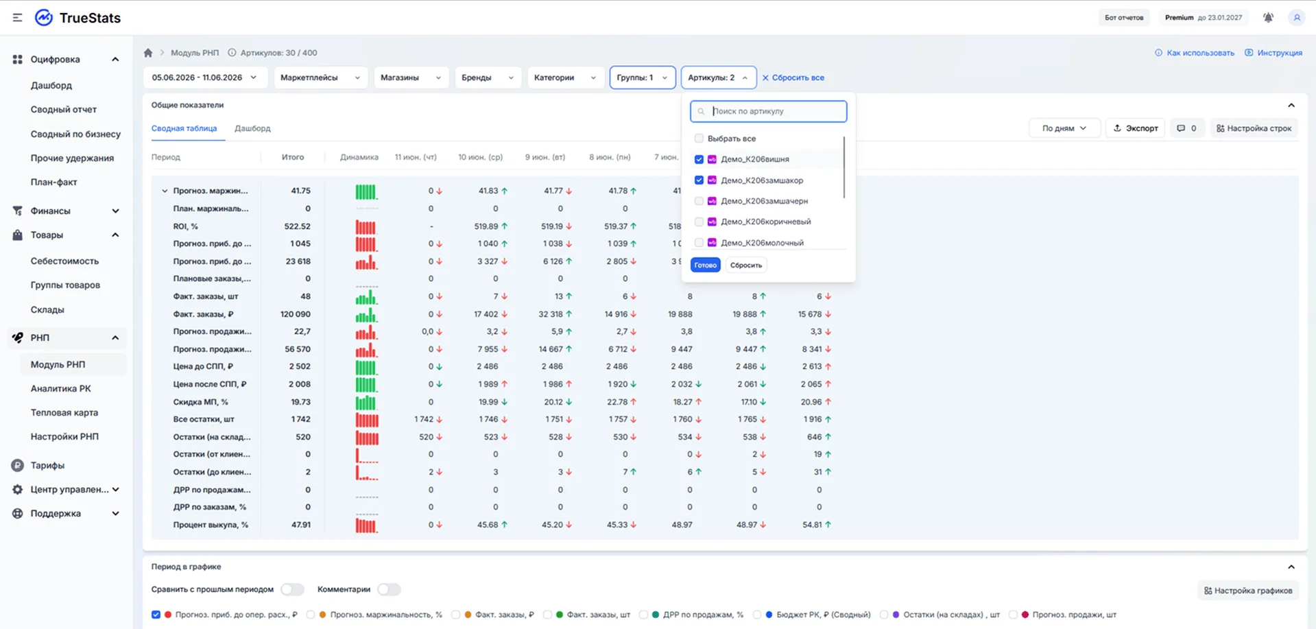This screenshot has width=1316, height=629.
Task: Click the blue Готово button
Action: point(705,265)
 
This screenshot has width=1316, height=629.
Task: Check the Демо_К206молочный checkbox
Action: point(699,243)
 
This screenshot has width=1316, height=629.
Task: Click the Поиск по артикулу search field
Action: point(768,111)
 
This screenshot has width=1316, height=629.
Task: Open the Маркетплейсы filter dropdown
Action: point(320,78)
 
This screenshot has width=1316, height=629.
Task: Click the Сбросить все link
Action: point(793,78)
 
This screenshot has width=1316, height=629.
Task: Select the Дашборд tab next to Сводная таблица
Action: point(252,128)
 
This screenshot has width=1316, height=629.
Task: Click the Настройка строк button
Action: point(1254,128)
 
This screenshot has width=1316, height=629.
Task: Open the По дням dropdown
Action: point(1064,128)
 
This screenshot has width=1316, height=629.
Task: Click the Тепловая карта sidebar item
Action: point(64,412)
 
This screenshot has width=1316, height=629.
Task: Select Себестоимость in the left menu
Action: point(64,261)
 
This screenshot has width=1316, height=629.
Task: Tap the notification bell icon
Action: point(1268,18)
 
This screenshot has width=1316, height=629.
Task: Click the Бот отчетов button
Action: point(1124,18)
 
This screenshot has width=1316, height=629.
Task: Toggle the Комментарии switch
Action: point(389,589)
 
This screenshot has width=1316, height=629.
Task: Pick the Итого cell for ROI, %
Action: point(298,226)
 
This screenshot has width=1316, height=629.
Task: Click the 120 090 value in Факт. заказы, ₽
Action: point(296,314)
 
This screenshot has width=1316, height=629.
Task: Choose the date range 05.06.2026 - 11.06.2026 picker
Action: point(204,78)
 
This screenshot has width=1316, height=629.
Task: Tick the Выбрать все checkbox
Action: point(699,139)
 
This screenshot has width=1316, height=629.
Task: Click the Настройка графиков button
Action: point(1248,591)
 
